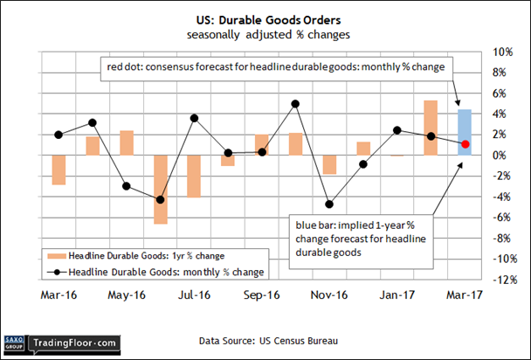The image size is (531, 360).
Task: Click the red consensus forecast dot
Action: click(x=465, y=144)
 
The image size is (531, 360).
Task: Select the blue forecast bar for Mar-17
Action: click(x=465, y=132)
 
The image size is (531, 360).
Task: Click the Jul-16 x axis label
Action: click(x=194, y=296)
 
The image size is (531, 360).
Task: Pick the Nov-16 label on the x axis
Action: click(x=329, y=296)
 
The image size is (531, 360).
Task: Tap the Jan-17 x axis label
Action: click(x=397, y=296)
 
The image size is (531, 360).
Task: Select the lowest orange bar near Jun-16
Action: click(x=160, y=190)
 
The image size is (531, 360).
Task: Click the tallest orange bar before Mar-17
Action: click(x=431, y=128)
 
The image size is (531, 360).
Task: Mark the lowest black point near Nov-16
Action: click(x=329, y=204)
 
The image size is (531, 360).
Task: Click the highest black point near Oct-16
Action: click(x=295, y=103)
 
